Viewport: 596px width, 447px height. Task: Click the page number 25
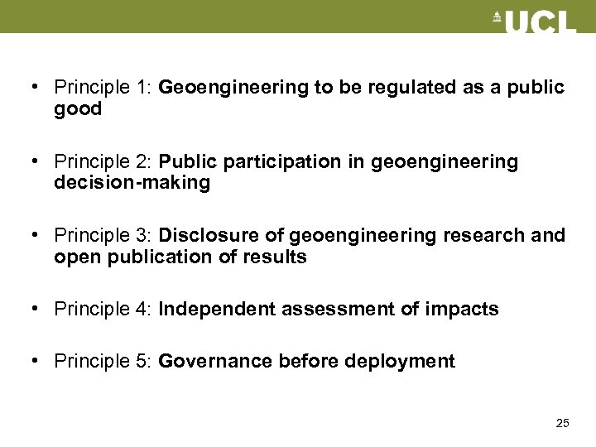pyautogui.click(x=562, y=423)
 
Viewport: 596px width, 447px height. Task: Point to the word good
pyautogui.click(x=78, y=108)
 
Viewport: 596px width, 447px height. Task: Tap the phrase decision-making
pyautogui.click(x=132, y=182)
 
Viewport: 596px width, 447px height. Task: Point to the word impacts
pyautogui.click(x=463, y=310)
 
